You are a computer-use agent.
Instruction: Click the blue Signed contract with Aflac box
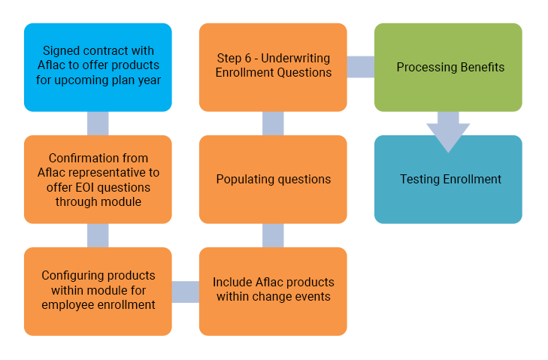point(98,67)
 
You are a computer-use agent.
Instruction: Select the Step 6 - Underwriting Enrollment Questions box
point(273,67)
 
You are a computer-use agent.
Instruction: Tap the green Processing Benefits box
point(447,67)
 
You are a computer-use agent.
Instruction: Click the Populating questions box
point(273,179)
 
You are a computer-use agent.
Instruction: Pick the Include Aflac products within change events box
point(273,290)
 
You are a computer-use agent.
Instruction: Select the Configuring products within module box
point(98,290)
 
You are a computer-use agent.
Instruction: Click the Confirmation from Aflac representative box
point(98,179)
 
